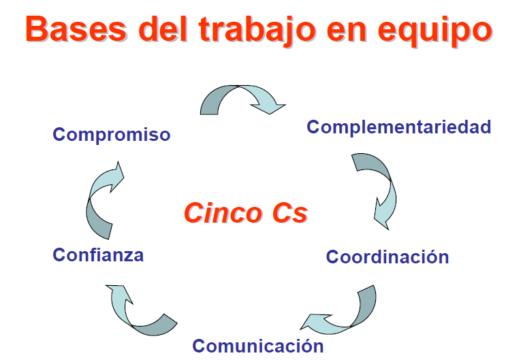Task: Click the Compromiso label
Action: tap(112, 135)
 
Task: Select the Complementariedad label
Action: tap(398, 127)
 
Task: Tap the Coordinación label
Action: tap(387, 257)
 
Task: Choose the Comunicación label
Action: tap(257, 346)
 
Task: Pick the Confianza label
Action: tap(98, 255)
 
